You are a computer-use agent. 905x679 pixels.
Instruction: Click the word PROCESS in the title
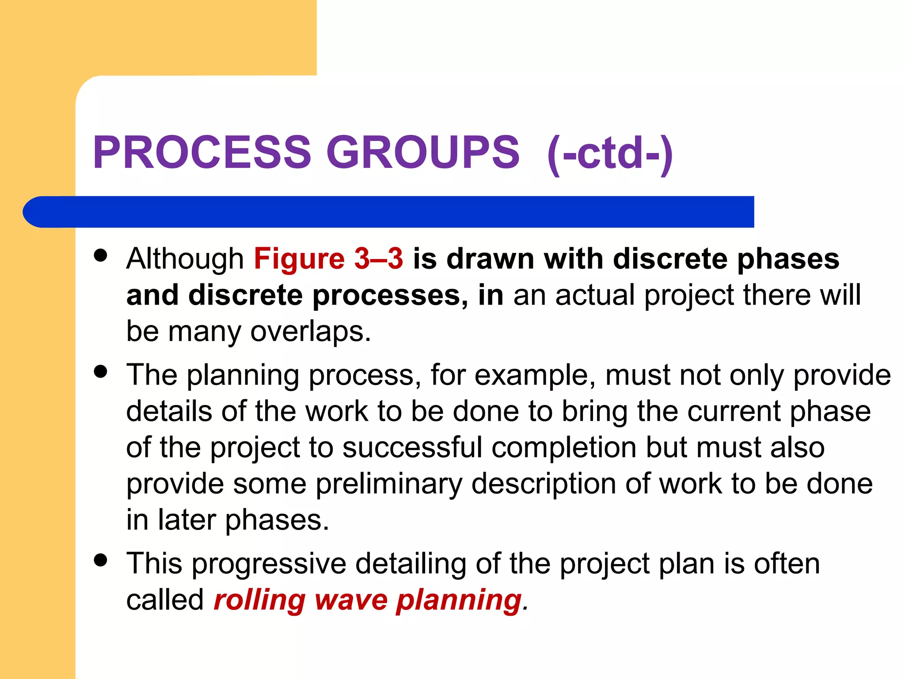pyautogui.click(x=202, y=152)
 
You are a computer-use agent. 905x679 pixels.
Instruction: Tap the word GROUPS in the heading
pyautogui.click(x=423, y=152)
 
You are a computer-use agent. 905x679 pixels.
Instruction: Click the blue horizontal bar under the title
pyautogui.click(x=389, y=212)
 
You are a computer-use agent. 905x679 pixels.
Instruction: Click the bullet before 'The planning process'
pyautogui.click(x=101, y=371)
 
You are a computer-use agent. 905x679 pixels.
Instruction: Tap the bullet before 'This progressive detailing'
pyautogui.click(x=101, y=560)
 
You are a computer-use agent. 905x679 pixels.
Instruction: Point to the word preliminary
pyautogui.click(x=388, y=484)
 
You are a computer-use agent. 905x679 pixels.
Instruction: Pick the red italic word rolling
pyautogui.click(x=259, y=600)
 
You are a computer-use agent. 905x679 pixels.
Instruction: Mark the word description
pyautogui.click(x=544, y=484)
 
